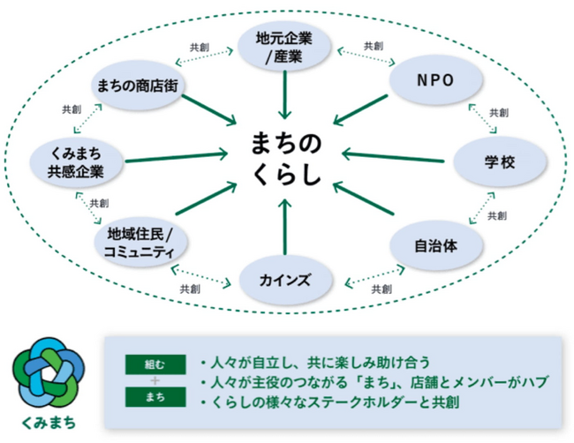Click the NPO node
coord(435,79)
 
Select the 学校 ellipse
coord(500,161)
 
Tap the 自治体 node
coord(435,246)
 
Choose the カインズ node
coord(285,281)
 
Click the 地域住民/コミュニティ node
coord(140,242)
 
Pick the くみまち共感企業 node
coord(76,162)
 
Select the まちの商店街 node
coord(137,86)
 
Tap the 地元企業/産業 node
coord(284,47)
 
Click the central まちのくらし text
coord(286,159)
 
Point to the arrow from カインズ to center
coord(285,227)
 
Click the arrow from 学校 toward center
coord(393,157)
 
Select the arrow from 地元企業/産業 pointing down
coord(285,95)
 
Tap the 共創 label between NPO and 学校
coord(499,113)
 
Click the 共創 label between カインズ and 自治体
coord(381,289)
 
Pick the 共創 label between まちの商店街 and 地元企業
coord(200,48)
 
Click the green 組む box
coord(155,364)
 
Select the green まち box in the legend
coord(155,397)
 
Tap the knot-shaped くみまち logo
coord(49,372)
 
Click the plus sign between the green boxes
coord(155,381)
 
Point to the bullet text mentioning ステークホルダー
coord(330,402)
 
